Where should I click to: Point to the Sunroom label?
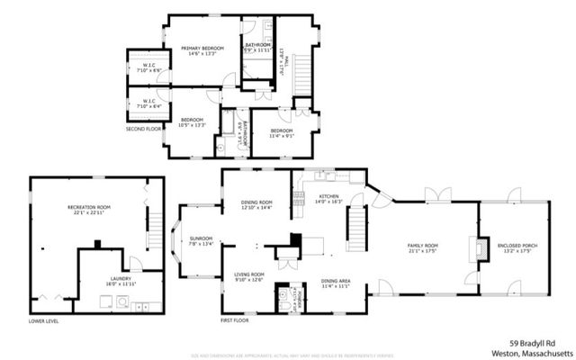click(x=199, y=239)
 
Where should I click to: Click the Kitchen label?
click(x=328, y=197)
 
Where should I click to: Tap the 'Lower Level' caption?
click(x=43, y=320)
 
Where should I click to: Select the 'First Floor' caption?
click(x=235, y=320)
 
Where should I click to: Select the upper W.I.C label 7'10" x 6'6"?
click(x=149, y=67)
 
